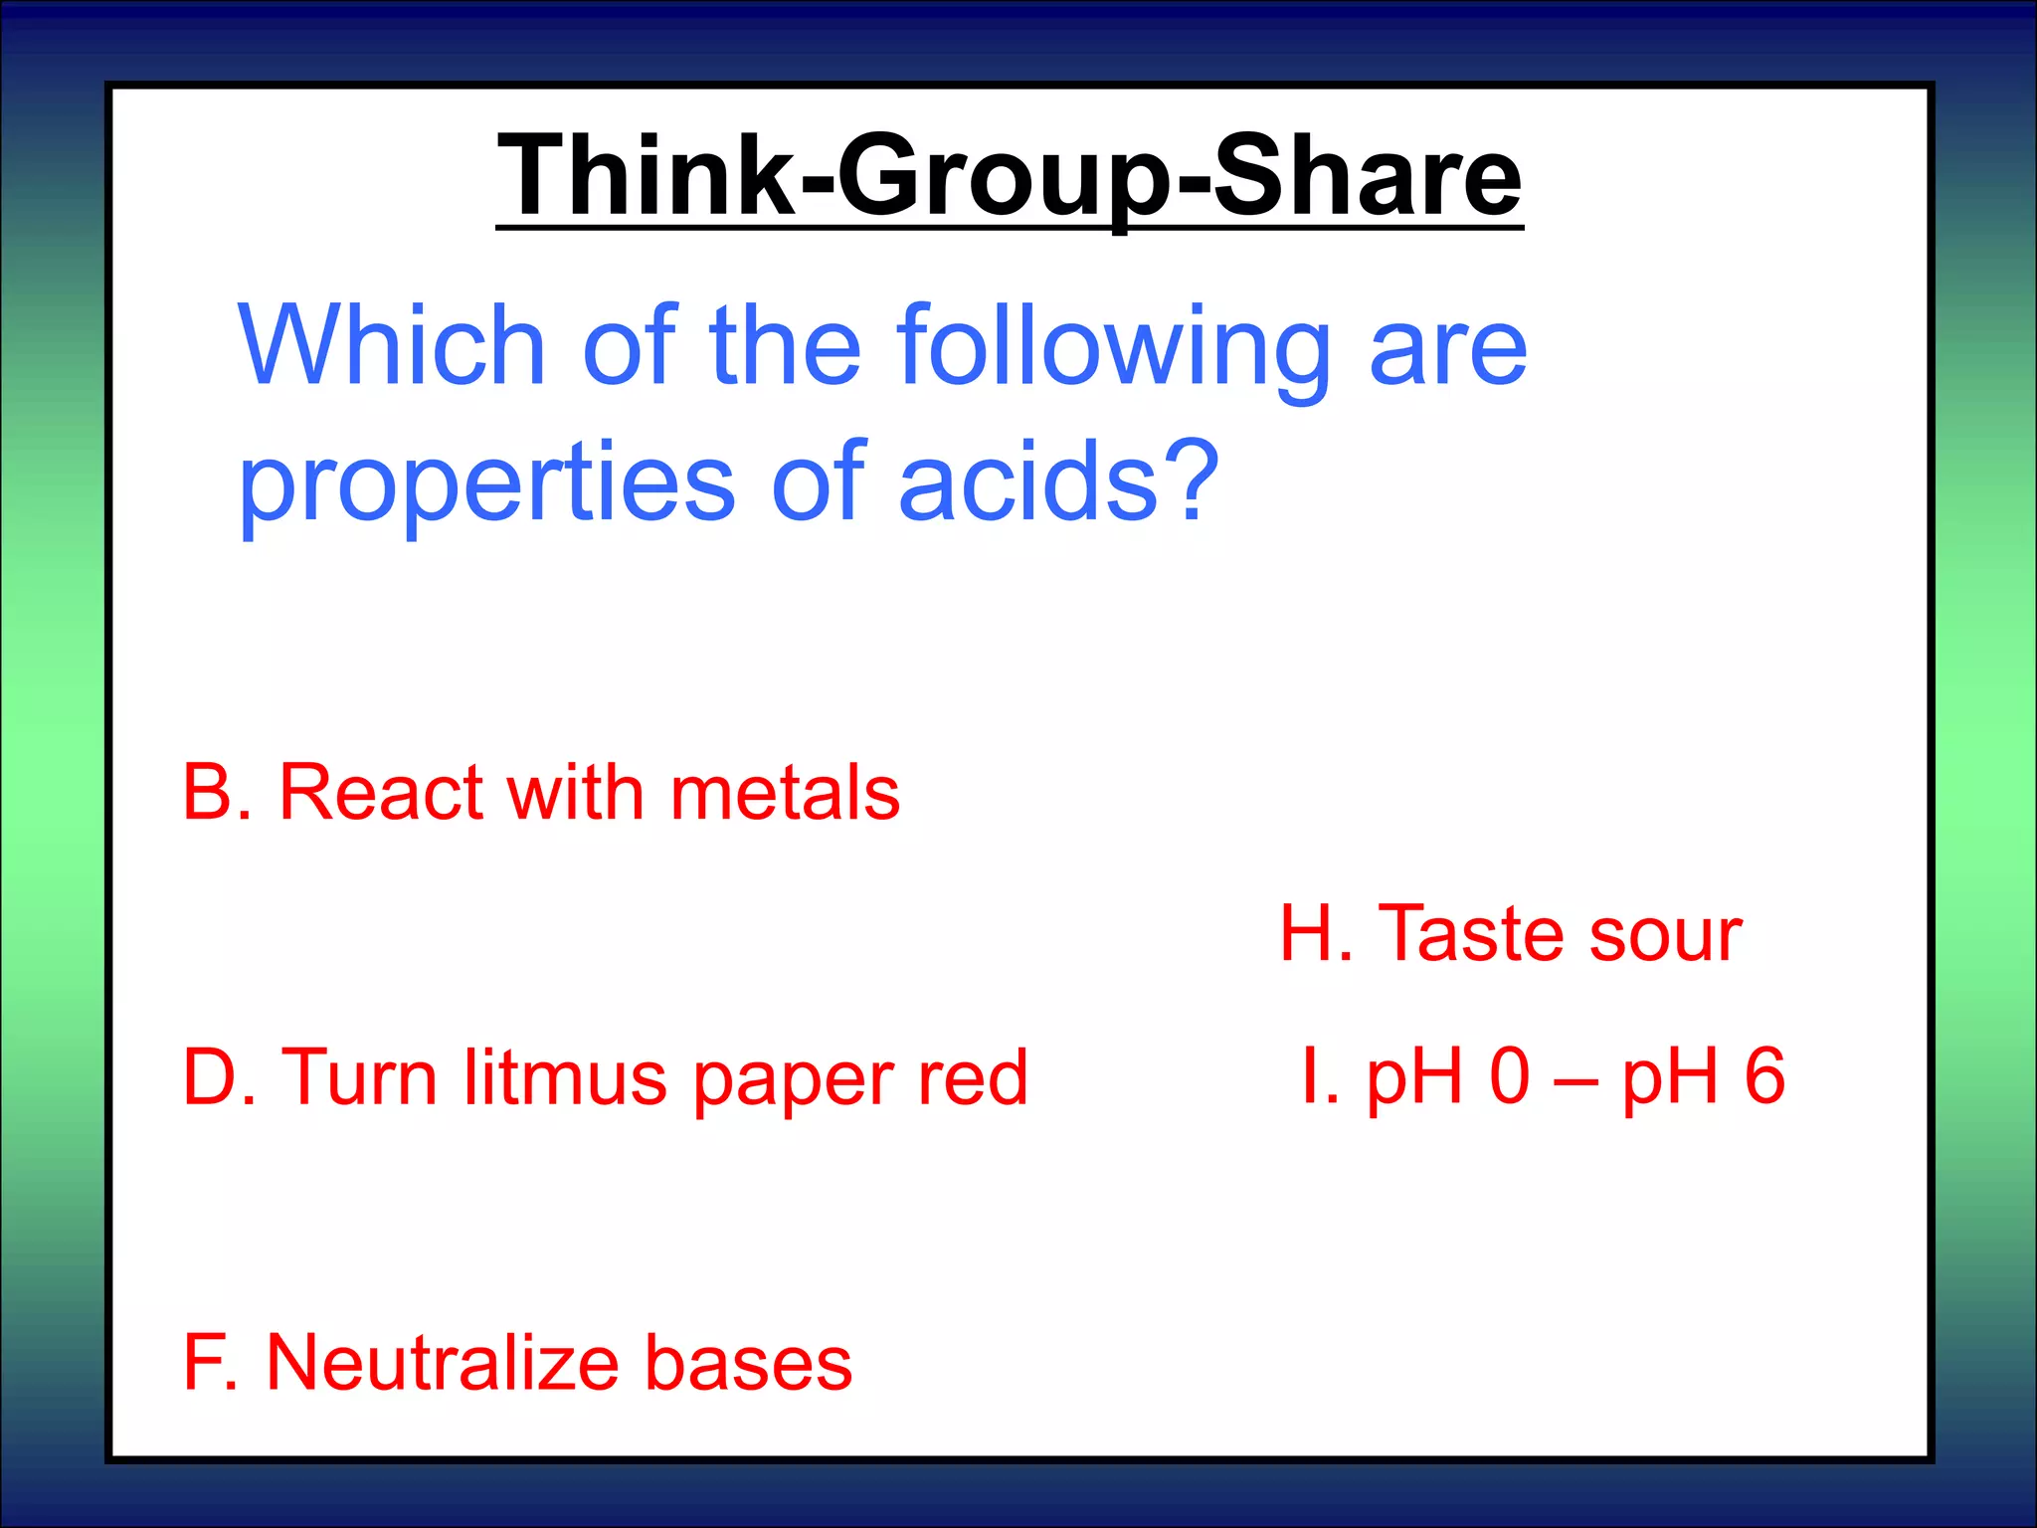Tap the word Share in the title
tap(1368, 176)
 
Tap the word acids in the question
tap(1029, 481)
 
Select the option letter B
tap(210, 793)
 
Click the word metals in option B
tap(785, 793)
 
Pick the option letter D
tap(211, 1077)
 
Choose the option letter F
tap(205, 1362)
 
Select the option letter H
tap(1308, 934)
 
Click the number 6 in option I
tap(1764, 1076)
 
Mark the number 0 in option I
tap(1510, 1076)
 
